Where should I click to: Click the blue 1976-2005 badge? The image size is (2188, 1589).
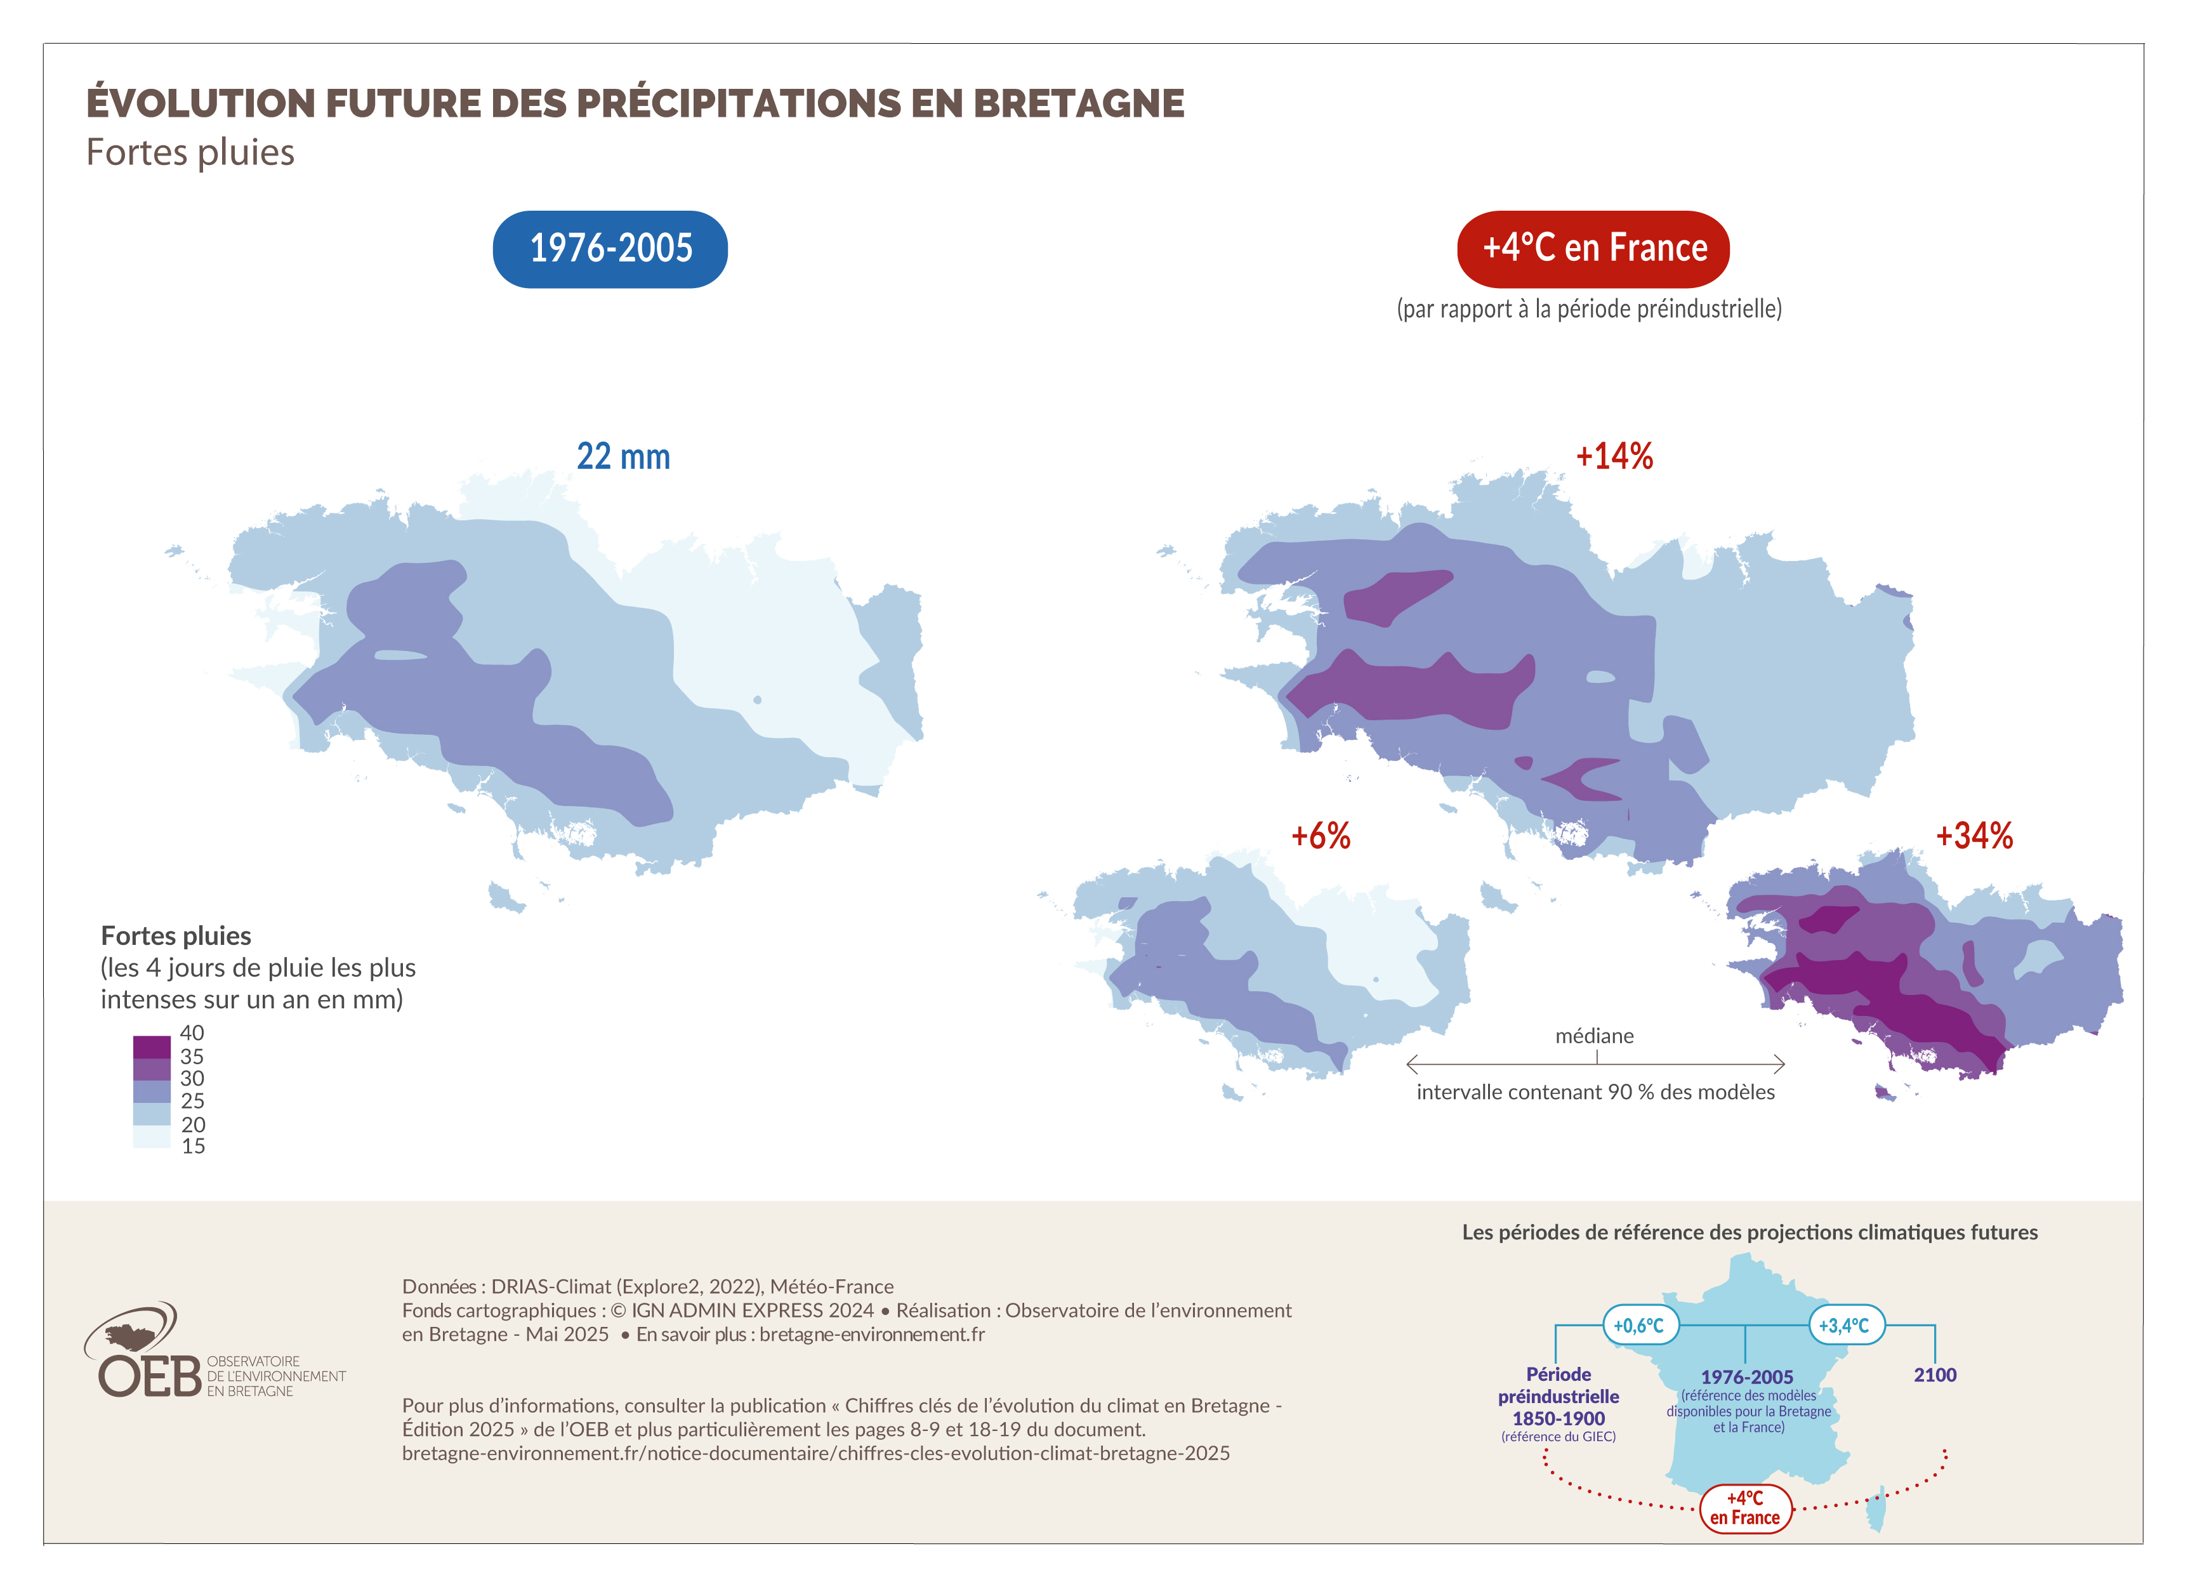[x=610, y=249]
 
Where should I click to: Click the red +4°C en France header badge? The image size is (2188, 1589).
[x=1593, y=249]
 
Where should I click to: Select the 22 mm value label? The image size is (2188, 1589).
[x=623, y=456]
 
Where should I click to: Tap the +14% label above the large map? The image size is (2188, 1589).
[x=1614, y=456]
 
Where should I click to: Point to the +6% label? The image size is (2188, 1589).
[x=1320, y=836]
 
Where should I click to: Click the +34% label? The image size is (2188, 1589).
[x=1974, y=836]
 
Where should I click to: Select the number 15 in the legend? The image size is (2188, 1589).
[x=193, y=1146]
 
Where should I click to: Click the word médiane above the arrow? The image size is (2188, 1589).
[x=1594, y=1036]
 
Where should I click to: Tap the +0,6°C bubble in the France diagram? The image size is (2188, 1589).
[x=1639, y=1326]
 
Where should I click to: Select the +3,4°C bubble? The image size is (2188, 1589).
[x=1845, y=1326]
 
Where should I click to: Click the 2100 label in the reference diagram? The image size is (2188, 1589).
[x=1934, y=1375]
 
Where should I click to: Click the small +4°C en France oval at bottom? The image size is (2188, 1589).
[x=1744, y=1508]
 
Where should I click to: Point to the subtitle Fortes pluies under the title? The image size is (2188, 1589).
[x=190, y=152]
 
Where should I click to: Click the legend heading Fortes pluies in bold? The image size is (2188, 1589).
[x=176, y=936]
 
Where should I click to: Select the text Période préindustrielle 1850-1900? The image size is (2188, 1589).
[x=1558, y=1396]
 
